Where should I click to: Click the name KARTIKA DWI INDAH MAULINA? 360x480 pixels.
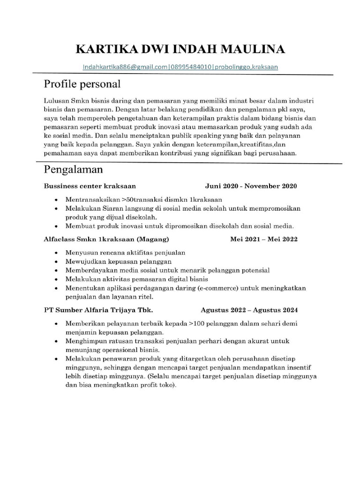[180, 49]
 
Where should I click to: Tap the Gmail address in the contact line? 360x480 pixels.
[125, 67]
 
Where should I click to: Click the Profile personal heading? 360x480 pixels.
[82, 84]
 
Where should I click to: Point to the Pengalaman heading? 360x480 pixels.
[73, 169]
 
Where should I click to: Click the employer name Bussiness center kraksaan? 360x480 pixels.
[90, 186]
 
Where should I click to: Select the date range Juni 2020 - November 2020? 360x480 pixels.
[251, 186]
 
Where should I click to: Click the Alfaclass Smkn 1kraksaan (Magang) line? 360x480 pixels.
[106, 239]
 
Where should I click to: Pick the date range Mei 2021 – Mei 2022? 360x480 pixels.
[263, 239]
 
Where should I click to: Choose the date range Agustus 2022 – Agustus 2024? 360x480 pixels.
[249, 310]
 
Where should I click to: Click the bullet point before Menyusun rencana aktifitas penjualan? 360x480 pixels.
[57, 253]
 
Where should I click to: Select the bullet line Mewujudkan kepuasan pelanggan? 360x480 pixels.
[119, 261]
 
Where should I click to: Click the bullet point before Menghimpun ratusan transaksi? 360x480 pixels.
[57, 341]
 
